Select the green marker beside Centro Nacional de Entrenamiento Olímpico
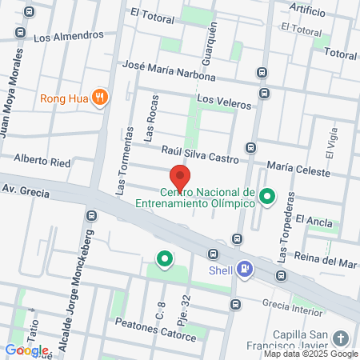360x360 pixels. pyautogui.click(x=270, y=195)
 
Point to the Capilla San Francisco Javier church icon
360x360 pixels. pyautogui.click(x=342, y=338)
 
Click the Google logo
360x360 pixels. pyautogui.click(x=26, y=350)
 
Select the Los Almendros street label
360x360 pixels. pyautogui.click(x=69, y=36)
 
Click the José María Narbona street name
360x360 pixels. pyautogui.click(x=170, y=71)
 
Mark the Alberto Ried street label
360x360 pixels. pyautogui.click(x=47, y=161)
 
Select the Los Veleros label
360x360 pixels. pyautogui.click(x=224, y=102)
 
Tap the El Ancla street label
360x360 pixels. pyautogui.click(x=314, y=218)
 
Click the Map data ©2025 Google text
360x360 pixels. pyautogui.click(x=311, y=354)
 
